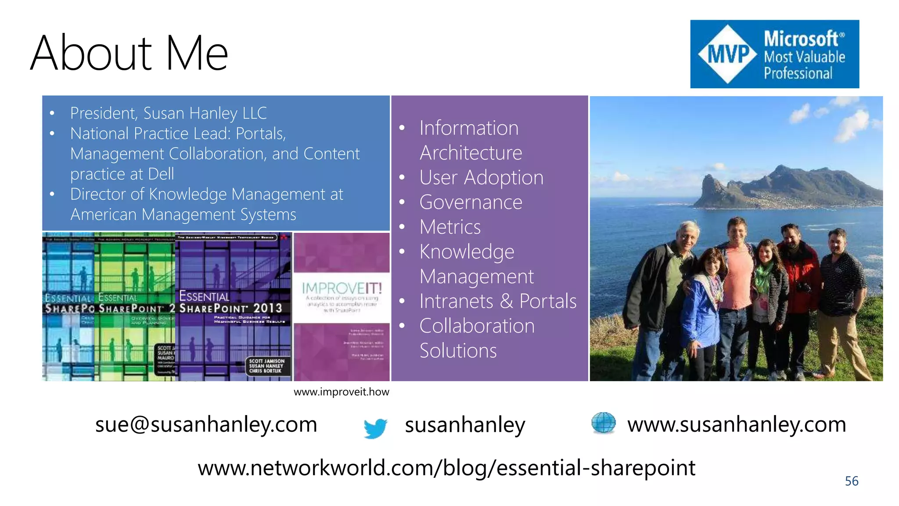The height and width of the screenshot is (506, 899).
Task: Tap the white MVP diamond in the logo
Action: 728,54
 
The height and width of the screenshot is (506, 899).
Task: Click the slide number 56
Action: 851,481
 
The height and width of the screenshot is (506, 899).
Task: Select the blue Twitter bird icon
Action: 375,427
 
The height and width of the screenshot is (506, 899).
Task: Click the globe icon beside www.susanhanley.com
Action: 604,423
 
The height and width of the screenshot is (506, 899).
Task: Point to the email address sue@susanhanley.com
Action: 206,424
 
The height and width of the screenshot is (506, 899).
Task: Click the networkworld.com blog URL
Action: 446,467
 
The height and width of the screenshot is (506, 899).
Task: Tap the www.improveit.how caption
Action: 341,392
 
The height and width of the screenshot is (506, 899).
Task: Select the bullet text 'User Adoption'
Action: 481,177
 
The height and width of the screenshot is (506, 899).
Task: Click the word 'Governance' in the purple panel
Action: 471,202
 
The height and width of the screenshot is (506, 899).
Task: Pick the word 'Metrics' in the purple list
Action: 450,227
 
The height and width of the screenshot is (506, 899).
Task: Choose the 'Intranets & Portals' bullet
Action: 498,301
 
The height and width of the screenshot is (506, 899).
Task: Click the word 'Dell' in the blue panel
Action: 161,174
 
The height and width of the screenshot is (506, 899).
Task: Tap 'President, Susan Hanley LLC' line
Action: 168,113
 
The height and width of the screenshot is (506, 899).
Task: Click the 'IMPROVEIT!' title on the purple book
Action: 342,289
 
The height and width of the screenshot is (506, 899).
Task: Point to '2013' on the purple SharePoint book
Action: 267,308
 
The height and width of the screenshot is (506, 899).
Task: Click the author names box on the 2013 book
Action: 267,366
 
